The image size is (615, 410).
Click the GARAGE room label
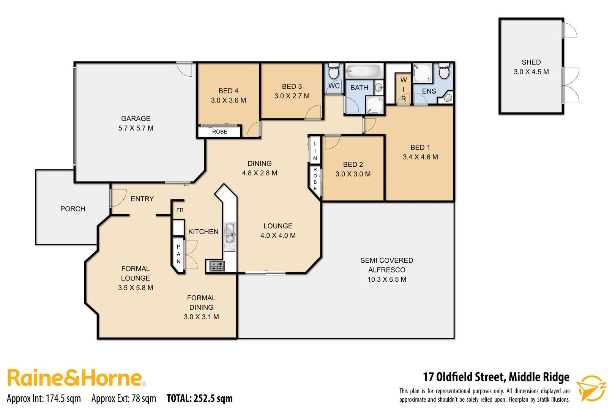136,118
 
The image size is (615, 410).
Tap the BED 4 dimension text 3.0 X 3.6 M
228,101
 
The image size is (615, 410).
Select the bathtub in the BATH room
363,71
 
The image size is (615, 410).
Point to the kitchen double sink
230,233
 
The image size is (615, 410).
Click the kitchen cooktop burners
217,266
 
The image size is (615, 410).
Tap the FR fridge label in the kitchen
180,210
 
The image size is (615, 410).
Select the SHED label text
531,62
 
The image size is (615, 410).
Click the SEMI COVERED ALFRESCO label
386,265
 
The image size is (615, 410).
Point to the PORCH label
73,209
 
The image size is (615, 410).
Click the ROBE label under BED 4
219,132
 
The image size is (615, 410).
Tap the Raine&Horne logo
76,378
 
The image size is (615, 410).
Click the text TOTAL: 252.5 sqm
199,398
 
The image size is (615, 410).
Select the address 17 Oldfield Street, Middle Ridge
496,377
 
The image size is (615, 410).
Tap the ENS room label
429,91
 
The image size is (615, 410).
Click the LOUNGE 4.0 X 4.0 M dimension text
278,235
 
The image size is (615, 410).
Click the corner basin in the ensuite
448,98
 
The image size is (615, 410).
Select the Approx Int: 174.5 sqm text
44,398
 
